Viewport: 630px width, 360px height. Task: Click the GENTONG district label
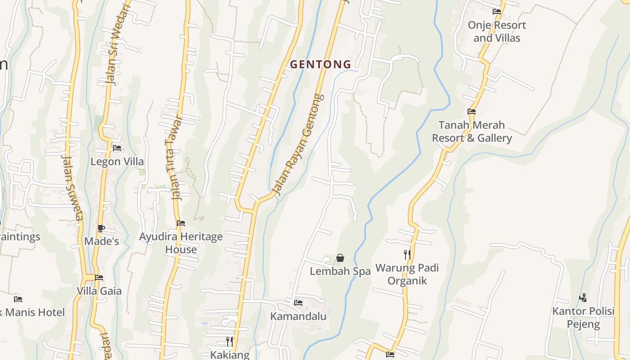pyautogui.click(x=320, y=64)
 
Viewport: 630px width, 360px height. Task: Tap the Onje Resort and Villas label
pyautogui.click(x=497, y=31)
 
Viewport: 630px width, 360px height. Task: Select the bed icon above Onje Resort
pyautogui.click(x=497, y=12)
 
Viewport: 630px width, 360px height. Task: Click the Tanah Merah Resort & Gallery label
pyautogui.click(x=472, y=131)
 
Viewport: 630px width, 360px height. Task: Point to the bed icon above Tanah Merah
pyautogui.click(x=472, y=112)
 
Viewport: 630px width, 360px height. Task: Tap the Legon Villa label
pyautogui.click(x=117, y=162)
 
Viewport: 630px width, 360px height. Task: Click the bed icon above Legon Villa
pyautogui.click(x=117, y=148)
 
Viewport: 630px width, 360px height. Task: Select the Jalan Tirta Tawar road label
pyautogui.click(x=174, y=157)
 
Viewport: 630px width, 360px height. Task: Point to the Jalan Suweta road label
pyautogui.click(x=72, y=188)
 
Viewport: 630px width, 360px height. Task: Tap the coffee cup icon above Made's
pyautogui.click(x=101, y=228)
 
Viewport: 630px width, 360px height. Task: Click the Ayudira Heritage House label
pyautogui.click(x=181, y=243)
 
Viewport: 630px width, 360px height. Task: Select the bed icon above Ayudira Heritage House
pyautogui.click(x=181, y=223)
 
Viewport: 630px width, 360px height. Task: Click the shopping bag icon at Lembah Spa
pyautogui.click(x=340, y=258)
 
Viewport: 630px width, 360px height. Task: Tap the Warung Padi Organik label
pyautogui.click(x=407, y=274)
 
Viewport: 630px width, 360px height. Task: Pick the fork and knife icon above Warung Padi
pyautogui.click(x=407, y=255)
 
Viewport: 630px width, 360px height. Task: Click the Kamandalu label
pyautogui.click(x=298, y=316)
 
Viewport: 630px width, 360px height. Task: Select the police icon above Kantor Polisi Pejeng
pyautogui.click(x=583, y=297)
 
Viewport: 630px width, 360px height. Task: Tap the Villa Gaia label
pyautogui.click(x=99, y=291)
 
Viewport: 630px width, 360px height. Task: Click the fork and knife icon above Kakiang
pyautogui.click(x=229, y=341)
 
